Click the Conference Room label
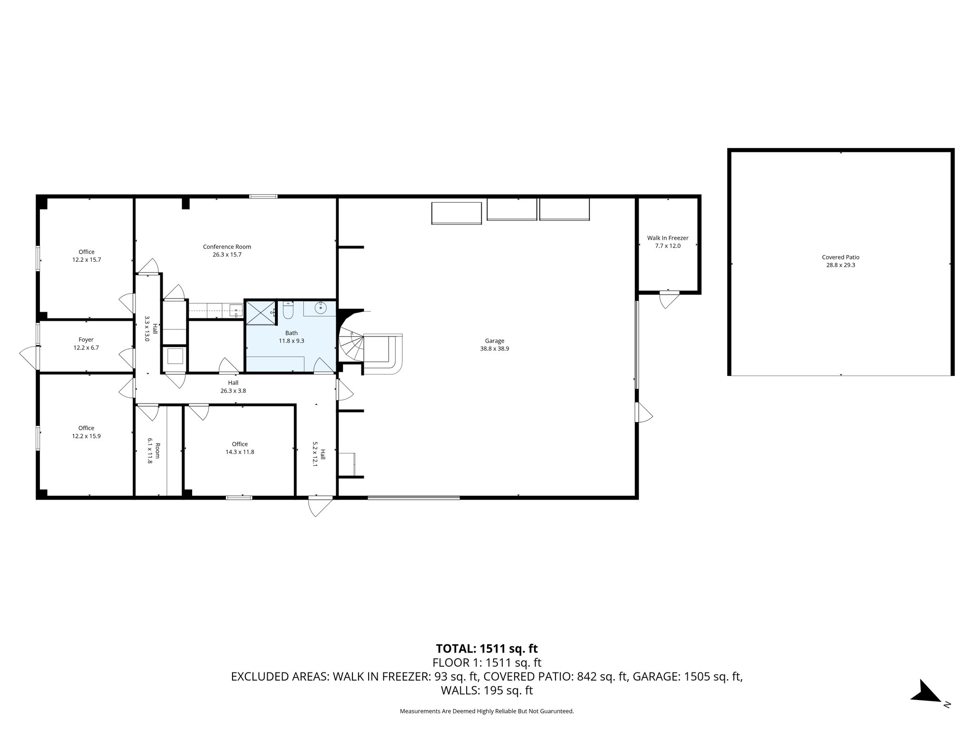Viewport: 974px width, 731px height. coord(227,247)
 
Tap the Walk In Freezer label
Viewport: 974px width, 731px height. coord(667,238)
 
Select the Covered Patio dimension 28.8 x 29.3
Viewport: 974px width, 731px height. coord(840,265)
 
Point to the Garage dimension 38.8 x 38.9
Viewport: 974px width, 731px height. coord(494,348)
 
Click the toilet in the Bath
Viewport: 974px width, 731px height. coord(288,311)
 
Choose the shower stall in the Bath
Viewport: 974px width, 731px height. coord(260,312)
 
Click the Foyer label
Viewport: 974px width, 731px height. coord(86,340)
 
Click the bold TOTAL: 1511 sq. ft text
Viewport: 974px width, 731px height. coord(487,648)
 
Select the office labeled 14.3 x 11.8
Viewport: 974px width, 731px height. coord(240,448)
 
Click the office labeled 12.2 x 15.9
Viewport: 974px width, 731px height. coord(86,432)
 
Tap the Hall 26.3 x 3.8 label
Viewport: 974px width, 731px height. coord(233,386)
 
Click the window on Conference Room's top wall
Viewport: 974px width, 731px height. coord(263,196)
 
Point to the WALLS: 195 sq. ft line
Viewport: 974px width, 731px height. coord(487,691)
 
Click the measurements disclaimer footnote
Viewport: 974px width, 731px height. coord(487,711)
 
